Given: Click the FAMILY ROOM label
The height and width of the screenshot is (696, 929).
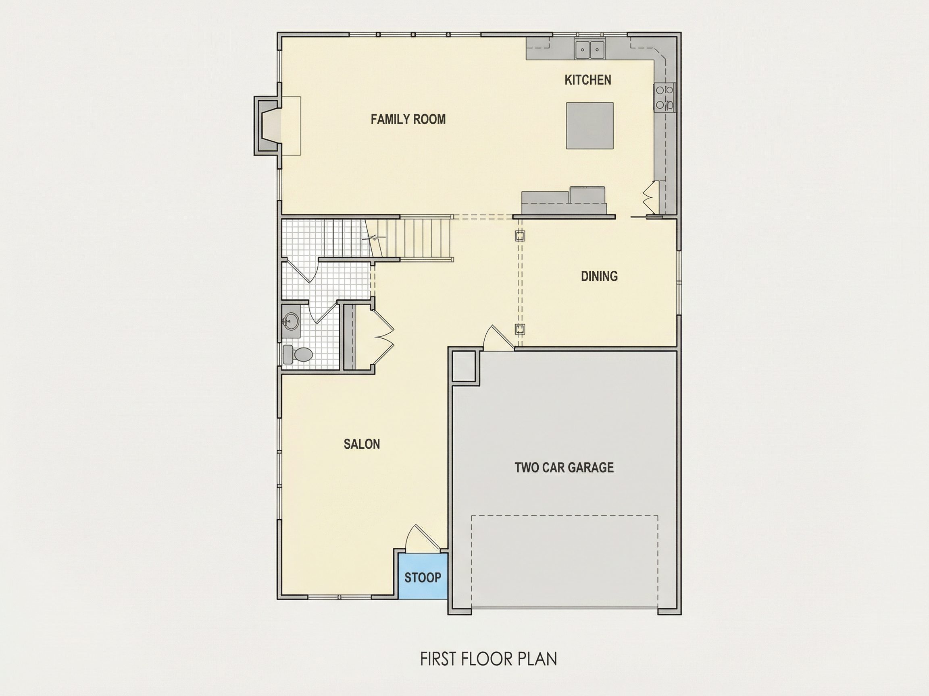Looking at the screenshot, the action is [408, 119].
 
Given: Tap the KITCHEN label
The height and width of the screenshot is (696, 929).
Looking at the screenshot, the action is [587, 80].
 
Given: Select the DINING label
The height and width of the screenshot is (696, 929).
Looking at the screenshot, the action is [599, 276].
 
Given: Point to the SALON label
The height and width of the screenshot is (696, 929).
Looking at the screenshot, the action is [362, 444].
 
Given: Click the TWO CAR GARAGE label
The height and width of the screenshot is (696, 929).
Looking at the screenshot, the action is [564, 467].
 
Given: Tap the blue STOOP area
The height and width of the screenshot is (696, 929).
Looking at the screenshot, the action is [423, 576].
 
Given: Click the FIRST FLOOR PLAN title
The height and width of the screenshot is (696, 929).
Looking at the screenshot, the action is [488, 659].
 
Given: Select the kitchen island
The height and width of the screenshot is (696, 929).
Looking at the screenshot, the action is [589, 125].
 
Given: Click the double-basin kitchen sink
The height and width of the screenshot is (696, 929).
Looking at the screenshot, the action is [589, 50].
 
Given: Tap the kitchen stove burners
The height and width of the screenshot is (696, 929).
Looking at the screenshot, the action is [664, 97].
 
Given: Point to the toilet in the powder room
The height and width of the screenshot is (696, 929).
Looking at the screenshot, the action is [298, 354].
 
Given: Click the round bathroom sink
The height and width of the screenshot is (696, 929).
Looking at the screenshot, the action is [290, 322].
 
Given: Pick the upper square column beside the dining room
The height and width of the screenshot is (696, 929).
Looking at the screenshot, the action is [520, 236].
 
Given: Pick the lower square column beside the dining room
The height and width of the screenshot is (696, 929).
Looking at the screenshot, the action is [520, 329].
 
